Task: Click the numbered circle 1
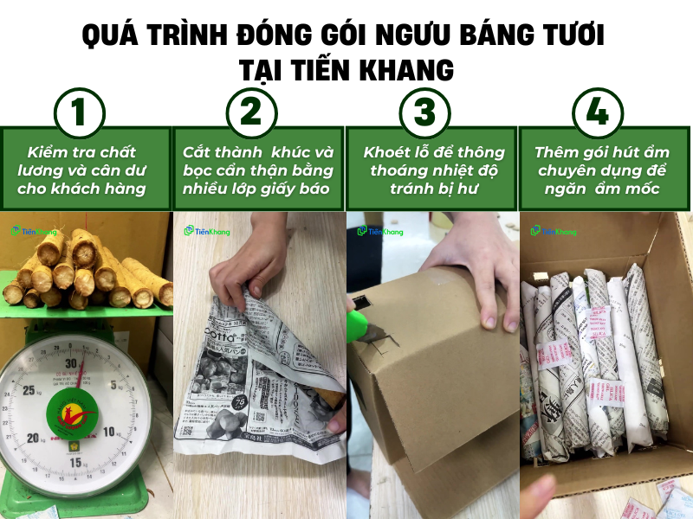point(79,113)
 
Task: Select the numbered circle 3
point(424,113)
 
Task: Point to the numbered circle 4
point(598,113)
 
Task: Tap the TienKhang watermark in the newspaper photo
point(206,231)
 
